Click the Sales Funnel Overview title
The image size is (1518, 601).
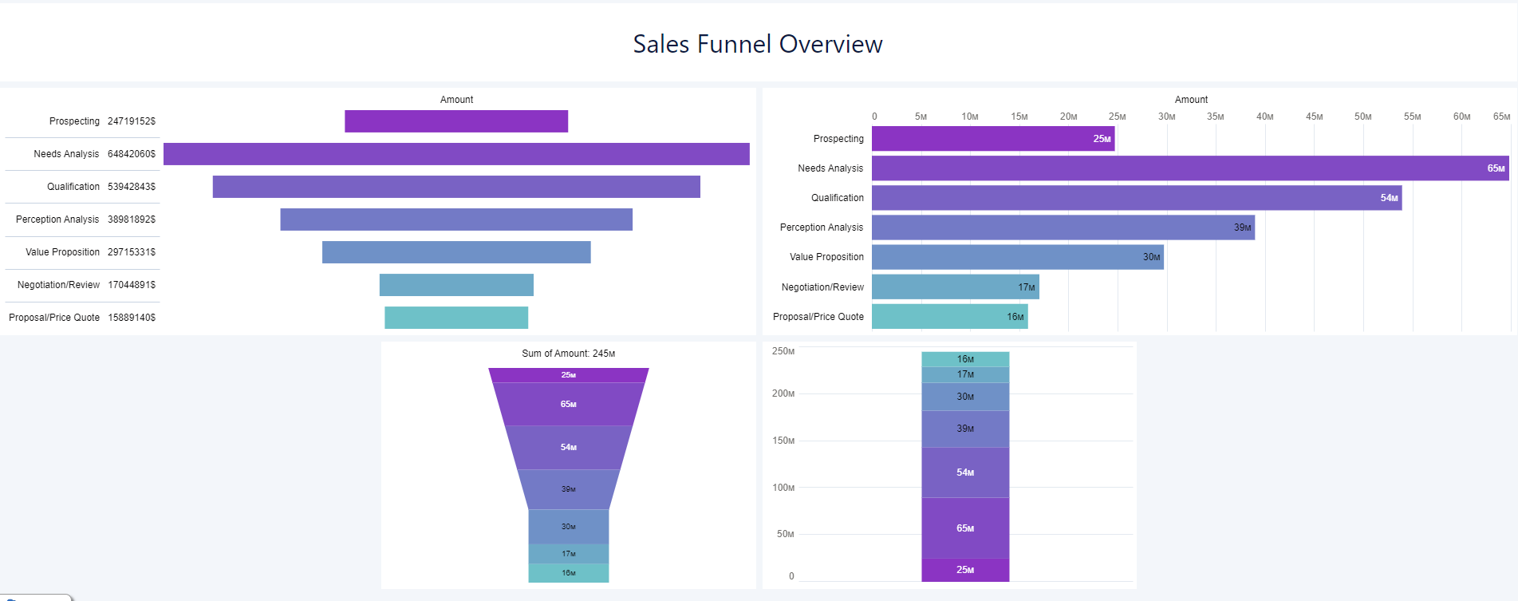tap(758, 44)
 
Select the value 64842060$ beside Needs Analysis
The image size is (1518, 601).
tap(132, 154)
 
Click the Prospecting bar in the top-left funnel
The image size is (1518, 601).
tap(456, 121)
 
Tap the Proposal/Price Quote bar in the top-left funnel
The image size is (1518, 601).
tap(456, 318)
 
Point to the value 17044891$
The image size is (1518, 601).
tap(132, 285)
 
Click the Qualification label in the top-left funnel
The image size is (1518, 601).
tap(73, 187)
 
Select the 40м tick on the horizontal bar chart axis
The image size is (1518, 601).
tap(1264, 117)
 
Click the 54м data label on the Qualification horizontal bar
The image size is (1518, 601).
tap(1389, 198)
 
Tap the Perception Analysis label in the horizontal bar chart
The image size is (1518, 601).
tap(822, 227)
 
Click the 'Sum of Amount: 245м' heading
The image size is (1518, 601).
tap(568, 354)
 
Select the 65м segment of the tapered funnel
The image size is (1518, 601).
tap(568, 405)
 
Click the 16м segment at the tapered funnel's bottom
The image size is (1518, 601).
tap(568, 573)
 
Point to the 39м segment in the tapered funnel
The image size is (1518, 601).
tap(568, 489)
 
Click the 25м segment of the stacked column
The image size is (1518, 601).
tap(965, 570)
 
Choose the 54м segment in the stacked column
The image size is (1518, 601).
tap(965, 472)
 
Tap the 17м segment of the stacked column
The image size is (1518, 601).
tap(965, 374)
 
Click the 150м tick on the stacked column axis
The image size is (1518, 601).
tap(783, 441)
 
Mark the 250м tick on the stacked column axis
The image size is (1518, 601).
tap(783, 351)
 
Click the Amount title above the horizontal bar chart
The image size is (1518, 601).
tap(1191, 100)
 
